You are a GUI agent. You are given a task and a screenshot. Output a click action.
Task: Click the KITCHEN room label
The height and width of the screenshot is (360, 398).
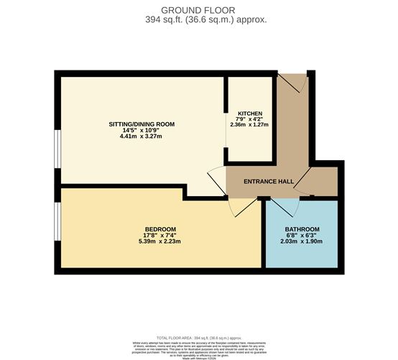pyautogui.click(x=250, y=114)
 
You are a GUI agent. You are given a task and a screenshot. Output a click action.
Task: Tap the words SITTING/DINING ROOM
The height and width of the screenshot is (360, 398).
pyautogui.click(x=142, y=124)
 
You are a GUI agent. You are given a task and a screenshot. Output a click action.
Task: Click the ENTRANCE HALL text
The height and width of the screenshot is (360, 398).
pyautogui.click(x=267, y=182)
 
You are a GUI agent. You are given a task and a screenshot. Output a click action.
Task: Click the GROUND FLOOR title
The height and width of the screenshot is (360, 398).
pyautogui.click(x=199, y=10)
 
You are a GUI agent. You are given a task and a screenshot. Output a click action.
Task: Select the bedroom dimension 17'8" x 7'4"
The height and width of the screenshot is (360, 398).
pyautogui.click(x=159, y=236)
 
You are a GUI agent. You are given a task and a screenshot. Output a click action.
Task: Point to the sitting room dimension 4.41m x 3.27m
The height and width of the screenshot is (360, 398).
pyautogui.click(x=142, y=137)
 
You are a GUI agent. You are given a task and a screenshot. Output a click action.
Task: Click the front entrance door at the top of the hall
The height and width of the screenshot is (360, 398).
pyautogui.click(x=293, y=82)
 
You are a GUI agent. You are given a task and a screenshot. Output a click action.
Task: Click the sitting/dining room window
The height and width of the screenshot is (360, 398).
pyautogui.click(x=57, y=148)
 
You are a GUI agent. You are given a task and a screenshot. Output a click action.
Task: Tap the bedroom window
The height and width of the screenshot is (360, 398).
pyautogui.click(x=57, y=223)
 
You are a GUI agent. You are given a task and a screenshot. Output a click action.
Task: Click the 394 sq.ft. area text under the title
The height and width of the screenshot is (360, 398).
pyautogui.click(x=199, y=20)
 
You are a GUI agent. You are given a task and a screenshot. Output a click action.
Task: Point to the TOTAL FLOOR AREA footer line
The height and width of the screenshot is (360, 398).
pyautogui.click(x=199, y=337)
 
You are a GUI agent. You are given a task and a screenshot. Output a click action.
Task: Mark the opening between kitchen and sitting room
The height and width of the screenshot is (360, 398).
pyautogui.click(x=226, y=154)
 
